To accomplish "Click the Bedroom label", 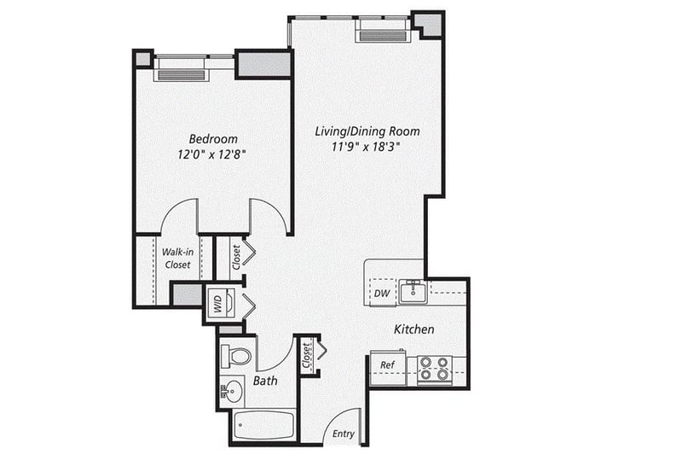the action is (213, 139).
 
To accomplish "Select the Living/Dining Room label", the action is (367, 131).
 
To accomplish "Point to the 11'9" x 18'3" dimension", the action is (366, 147).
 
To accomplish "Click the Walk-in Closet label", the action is (177, 259).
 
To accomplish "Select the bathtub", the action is (263, 425).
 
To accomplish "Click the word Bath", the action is (265, 381).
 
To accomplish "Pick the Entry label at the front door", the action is (344, 434).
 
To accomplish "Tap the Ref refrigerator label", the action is (387, 364).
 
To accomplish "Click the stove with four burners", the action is (435, 370).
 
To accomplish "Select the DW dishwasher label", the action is (382, 294).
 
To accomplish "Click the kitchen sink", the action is (413, 291).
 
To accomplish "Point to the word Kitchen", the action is (414, 329).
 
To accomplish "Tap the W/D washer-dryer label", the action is (218, 304).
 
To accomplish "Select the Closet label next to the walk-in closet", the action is (236, 257).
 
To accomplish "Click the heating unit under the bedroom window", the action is (182, 74).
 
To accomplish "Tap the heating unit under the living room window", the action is (383, 36).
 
